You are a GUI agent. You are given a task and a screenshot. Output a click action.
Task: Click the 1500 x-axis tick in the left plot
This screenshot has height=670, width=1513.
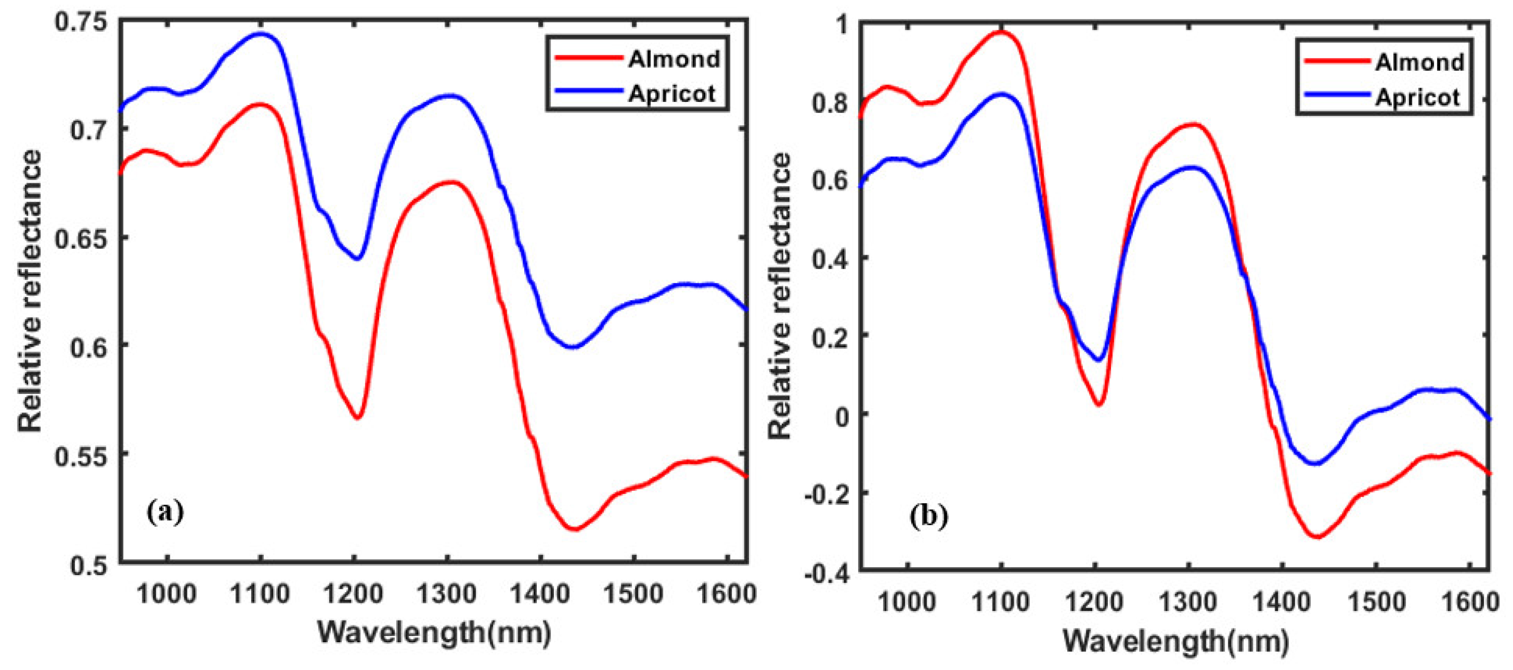pyautogui.click(x=633, y=594)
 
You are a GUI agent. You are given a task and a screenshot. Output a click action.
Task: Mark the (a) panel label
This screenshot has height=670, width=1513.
pyautogui.click(x=165, y=511)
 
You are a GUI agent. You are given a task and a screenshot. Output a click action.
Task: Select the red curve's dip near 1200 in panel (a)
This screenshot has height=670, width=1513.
pyautogui.click(x=357, y=417)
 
